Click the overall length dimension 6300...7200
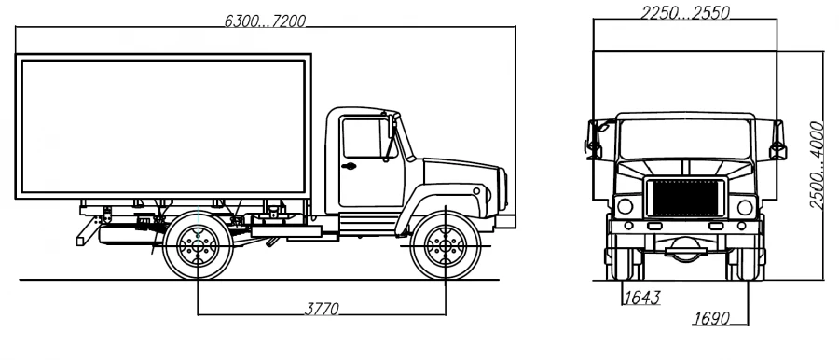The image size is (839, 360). coord(265,21)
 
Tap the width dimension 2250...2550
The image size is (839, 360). coord(685,12)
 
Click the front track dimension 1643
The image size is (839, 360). coord(640,298)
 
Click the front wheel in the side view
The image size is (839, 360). coord(446,245)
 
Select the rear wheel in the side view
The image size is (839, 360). coord(198,245)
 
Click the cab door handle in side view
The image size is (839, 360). coord(349,167)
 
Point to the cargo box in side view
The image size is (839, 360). coord(164,128)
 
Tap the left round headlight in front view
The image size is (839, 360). coord(626,206)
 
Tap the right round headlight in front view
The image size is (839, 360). coord(745,206)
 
